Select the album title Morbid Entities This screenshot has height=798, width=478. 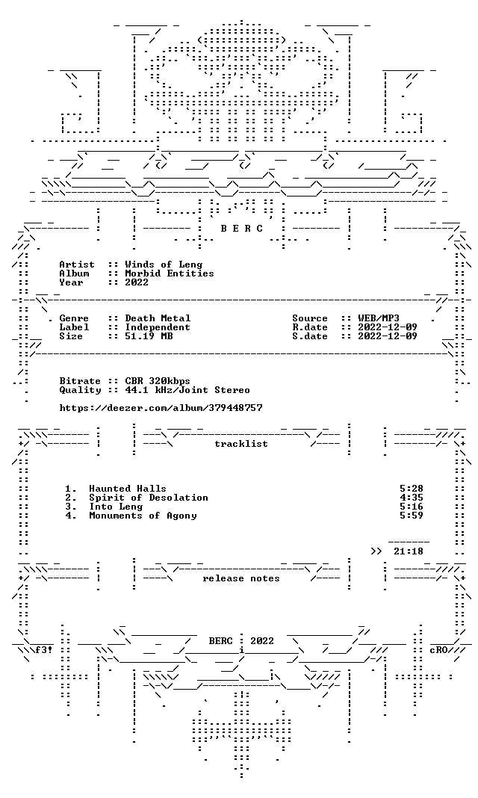pyautogui.click(x=170, y=273)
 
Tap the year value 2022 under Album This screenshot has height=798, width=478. pyautogui.click(x=137, y=282)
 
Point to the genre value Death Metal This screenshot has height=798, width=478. pyautogui.click(x=158, y=318)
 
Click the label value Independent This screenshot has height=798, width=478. pyautogui.click(x=158, y=327)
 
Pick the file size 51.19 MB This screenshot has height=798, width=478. pyautogui.click(x=149, y=336)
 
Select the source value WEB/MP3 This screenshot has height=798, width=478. pyautogui.click(x=379, y=318)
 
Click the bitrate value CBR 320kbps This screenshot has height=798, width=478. pyautogui.click(x=158, y=381)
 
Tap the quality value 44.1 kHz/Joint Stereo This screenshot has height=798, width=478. pyautogui.click(x=187, y=390)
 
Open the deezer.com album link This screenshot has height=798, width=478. pyautogui.click(x=161, y=408)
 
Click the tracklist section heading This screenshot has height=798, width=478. pyautogui.click(x=241, y=444)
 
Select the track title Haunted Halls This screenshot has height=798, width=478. pyautogui.click(x=128, y=489)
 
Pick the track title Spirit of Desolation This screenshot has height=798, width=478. pyautogui.click(x=149, y=498)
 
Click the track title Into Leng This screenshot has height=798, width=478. pyautogui.click(x=116, y=507)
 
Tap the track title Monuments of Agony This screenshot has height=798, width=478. pyautogui.click(x=143, y=516)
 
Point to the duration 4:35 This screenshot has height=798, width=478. pyautogui.click(x=412, y=498)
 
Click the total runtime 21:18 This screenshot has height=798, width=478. pyautogui.click(x=409, y=551)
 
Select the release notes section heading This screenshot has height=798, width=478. pyautogui.click(x=241, y=578)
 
